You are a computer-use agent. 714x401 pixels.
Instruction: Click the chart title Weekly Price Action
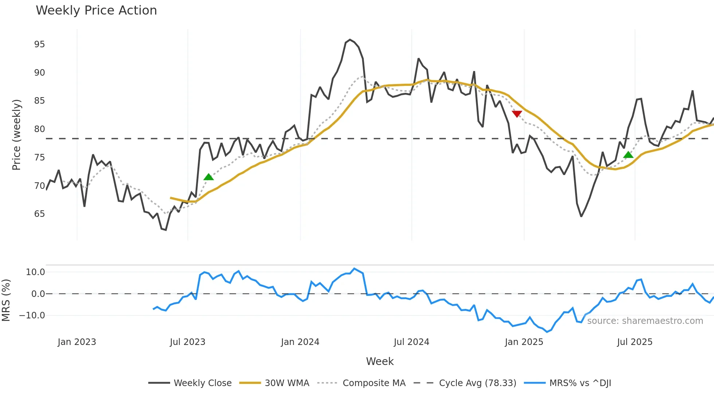[96, 11]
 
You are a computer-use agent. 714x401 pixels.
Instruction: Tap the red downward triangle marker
[517, 114]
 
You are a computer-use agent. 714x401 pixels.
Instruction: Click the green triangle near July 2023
[208, 177]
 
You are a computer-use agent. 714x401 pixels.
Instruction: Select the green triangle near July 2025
[628, 155]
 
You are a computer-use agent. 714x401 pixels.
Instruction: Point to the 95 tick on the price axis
[39, 44]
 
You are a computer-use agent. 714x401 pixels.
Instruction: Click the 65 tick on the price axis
[39, 214]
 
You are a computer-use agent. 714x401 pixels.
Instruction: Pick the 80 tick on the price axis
[39, 129]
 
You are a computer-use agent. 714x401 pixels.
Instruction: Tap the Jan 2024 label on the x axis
[300, 342]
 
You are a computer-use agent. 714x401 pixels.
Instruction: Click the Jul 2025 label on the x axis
[635, 342]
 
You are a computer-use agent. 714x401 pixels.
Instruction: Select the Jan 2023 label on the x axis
[77, 342]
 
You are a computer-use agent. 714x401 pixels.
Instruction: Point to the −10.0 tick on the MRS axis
[32, 315]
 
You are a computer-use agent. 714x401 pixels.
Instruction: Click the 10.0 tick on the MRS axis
[35, 272]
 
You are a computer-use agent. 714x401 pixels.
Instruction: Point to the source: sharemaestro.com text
[645, 321]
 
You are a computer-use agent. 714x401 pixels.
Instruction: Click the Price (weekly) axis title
[16, 135]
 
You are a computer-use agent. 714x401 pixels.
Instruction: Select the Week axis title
[380, 361]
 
